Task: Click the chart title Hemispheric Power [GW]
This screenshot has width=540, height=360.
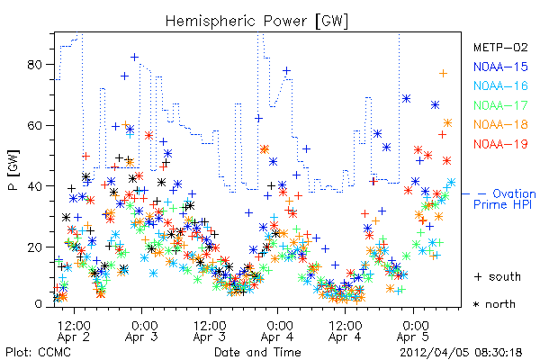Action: coord(256,22)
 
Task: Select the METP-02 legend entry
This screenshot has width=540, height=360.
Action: coord(500,47)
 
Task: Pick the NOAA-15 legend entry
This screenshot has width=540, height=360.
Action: coord(500,67)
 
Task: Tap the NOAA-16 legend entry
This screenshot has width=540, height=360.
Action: coord(500,85)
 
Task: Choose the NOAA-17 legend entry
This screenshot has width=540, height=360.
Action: coord(500,105)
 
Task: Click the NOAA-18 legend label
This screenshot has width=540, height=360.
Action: coord(500,124)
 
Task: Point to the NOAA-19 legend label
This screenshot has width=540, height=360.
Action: coord(500,144)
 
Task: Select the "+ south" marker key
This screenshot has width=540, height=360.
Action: coord(498,276)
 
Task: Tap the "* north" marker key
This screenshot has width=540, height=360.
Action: coord(494,304)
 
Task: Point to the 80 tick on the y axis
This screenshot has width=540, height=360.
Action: coord(34,65)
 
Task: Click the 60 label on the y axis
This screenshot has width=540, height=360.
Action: coord(34,125)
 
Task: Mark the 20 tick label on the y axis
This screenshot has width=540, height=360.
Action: coord(34,247)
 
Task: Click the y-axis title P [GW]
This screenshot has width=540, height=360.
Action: coord(14,170)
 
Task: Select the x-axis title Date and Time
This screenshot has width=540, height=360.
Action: coord(257,352)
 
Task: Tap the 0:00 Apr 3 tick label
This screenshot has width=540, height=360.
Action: coord(142,331)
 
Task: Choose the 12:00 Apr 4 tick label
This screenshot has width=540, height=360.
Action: coord(345,331)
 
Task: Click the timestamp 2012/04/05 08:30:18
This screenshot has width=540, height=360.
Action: coord(461,353)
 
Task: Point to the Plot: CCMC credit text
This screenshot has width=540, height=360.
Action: coord(38,353)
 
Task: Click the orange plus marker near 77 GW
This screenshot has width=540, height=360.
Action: coord(443,74)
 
